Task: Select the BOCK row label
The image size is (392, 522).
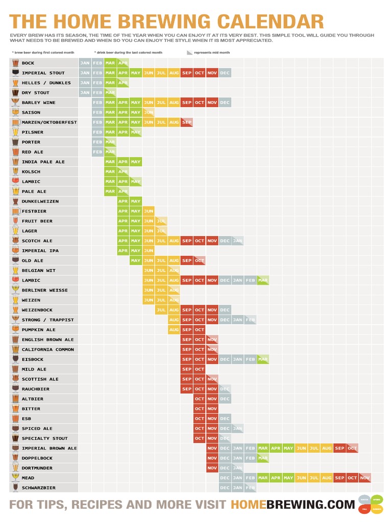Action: pos(28,63)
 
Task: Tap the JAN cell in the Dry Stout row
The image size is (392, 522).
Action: pos(85,93)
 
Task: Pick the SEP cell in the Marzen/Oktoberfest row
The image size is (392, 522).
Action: pos(187,122)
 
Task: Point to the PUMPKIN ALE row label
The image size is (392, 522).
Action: pos(39,330)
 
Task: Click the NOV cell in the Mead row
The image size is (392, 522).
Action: pos(365,478)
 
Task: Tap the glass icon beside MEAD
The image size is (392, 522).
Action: pos(15,478)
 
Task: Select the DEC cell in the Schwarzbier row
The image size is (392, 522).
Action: pos(225,488)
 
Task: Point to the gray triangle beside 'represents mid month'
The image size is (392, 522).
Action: pos(190,53)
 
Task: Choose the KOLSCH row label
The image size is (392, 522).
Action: pos(31,172)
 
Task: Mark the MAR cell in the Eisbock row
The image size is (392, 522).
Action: pos(263,359)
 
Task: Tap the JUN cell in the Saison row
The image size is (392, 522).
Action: pos(149,113)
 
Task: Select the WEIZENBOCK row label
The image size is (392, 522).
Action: pos(37,310)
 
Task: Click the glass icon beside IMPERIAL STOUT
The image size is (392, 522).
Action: pos(15,73)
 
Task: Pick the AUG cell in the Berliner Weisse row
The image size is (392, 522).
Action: pos(174,290)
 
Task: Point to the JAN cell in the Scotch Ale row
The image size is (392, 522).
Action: pos(237,241)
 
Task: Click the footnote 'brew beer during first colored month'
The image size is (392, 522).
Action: pos(43,53)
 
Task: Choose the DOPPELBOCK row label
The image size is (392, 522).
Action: pos(37,458)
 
